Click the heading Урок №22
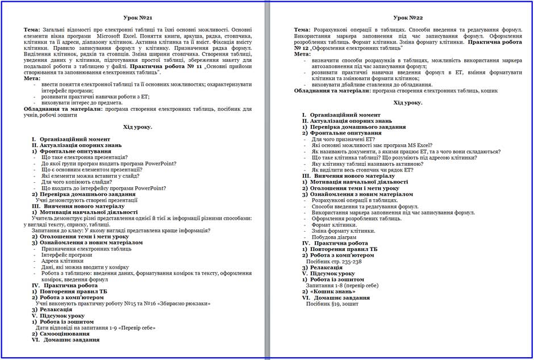(x=407, y=19)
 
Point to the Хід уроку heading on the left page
(x=137, y=127)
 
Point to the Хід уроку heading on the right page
(x=408, y=103)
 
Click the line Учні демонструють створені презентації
(x=86, y=200)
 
